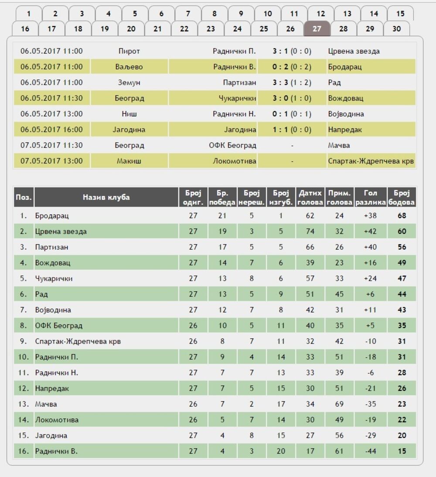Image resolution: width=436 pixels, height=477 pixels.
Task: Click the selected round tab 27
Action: click(x=317, y=29)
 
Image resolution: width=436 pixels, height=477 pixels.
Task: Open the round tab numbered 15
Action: click(x=400, y=14)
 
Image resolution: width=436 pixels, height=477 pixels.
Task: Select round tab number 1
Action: click(x=29, y=14)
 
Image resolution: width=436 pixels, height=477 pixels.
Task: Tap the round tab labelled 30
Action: click(x=396, y=29)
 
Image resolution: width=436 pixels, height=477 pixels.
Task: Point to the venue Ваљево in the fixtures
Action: click(x=129, y=67)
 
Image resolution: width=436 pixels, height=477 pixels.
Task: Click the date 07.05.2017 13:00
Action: click(x=51, y=161)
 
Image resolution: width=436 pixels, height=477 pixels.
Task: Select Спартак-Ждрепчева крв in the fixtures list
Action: click(x=371, y=161)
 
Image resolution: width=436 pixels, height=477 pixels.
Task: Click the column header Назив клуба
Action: click(x=106, y=197)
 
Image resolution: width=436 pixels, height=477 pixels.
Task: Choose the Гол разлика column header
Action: click(x=370, y=197)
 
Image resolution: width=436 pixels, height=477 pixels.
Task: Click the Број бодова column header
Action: click(x=402, y=197)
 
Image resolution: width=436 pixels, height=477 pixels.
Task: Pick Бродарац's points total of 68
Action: click(x=402, y=216)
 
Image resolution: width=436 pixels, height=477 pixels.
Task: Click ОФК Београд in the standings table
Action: click(x=59, y=326)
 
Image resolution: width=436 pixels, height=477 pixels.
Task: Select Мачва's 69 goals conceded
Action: click(x=339, y=404)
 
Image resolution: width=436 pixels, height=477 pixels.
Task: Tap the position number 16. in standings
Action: click(x=23, y=451)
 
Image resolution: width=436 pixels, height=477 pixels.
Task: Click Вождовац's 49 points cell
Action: click(x=402, y=263)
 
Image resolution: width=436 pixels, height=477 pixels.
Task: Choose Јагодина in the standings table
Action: click(x=51, y=436)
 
